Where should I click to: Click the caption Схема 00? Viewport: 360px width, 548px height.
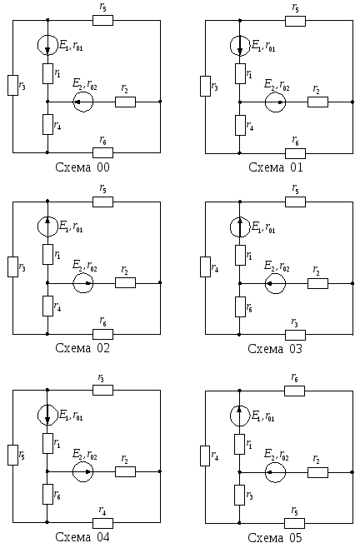point(82,167)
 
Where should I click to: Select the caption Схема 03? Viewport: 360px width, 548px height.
point(275,349)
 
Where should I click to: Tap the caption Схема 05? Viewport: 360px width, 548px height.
point(275,537)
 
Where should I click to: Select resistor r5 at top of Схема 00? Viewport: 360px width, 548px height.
point(102,20)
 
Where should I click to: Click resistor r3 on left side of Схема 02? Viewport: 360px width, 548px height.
point(13,267)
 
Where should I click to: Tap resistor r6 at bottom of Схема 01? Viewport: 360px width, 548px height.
point(295,153)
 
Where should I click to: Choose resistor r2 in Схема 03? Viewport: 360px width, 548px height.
point(318,283)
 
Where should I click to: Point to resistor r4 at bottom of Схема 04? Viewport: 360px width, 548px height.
point(102,523)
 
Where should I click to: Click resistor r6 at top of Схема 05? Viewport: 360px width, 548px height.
point(294,391)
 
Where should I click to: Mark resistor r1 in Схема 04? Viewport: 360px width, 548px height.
point(48,444)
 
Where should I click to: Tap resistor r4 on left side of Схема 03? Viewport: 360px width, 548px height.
point(205,267)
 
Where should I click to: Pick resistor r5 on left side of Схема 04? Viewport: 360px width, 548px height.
point(13,455)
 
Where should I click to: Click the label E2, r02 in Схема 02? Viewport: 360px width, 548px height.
point(85,266)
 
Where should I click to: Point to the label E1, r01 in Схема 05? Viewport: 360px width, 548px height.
point(263,416)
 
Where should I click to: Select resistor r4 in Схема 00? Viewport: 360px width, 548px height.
point(48,124)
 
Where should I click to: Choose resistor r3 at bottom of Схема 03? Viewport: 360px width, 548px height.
point(295,335)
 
